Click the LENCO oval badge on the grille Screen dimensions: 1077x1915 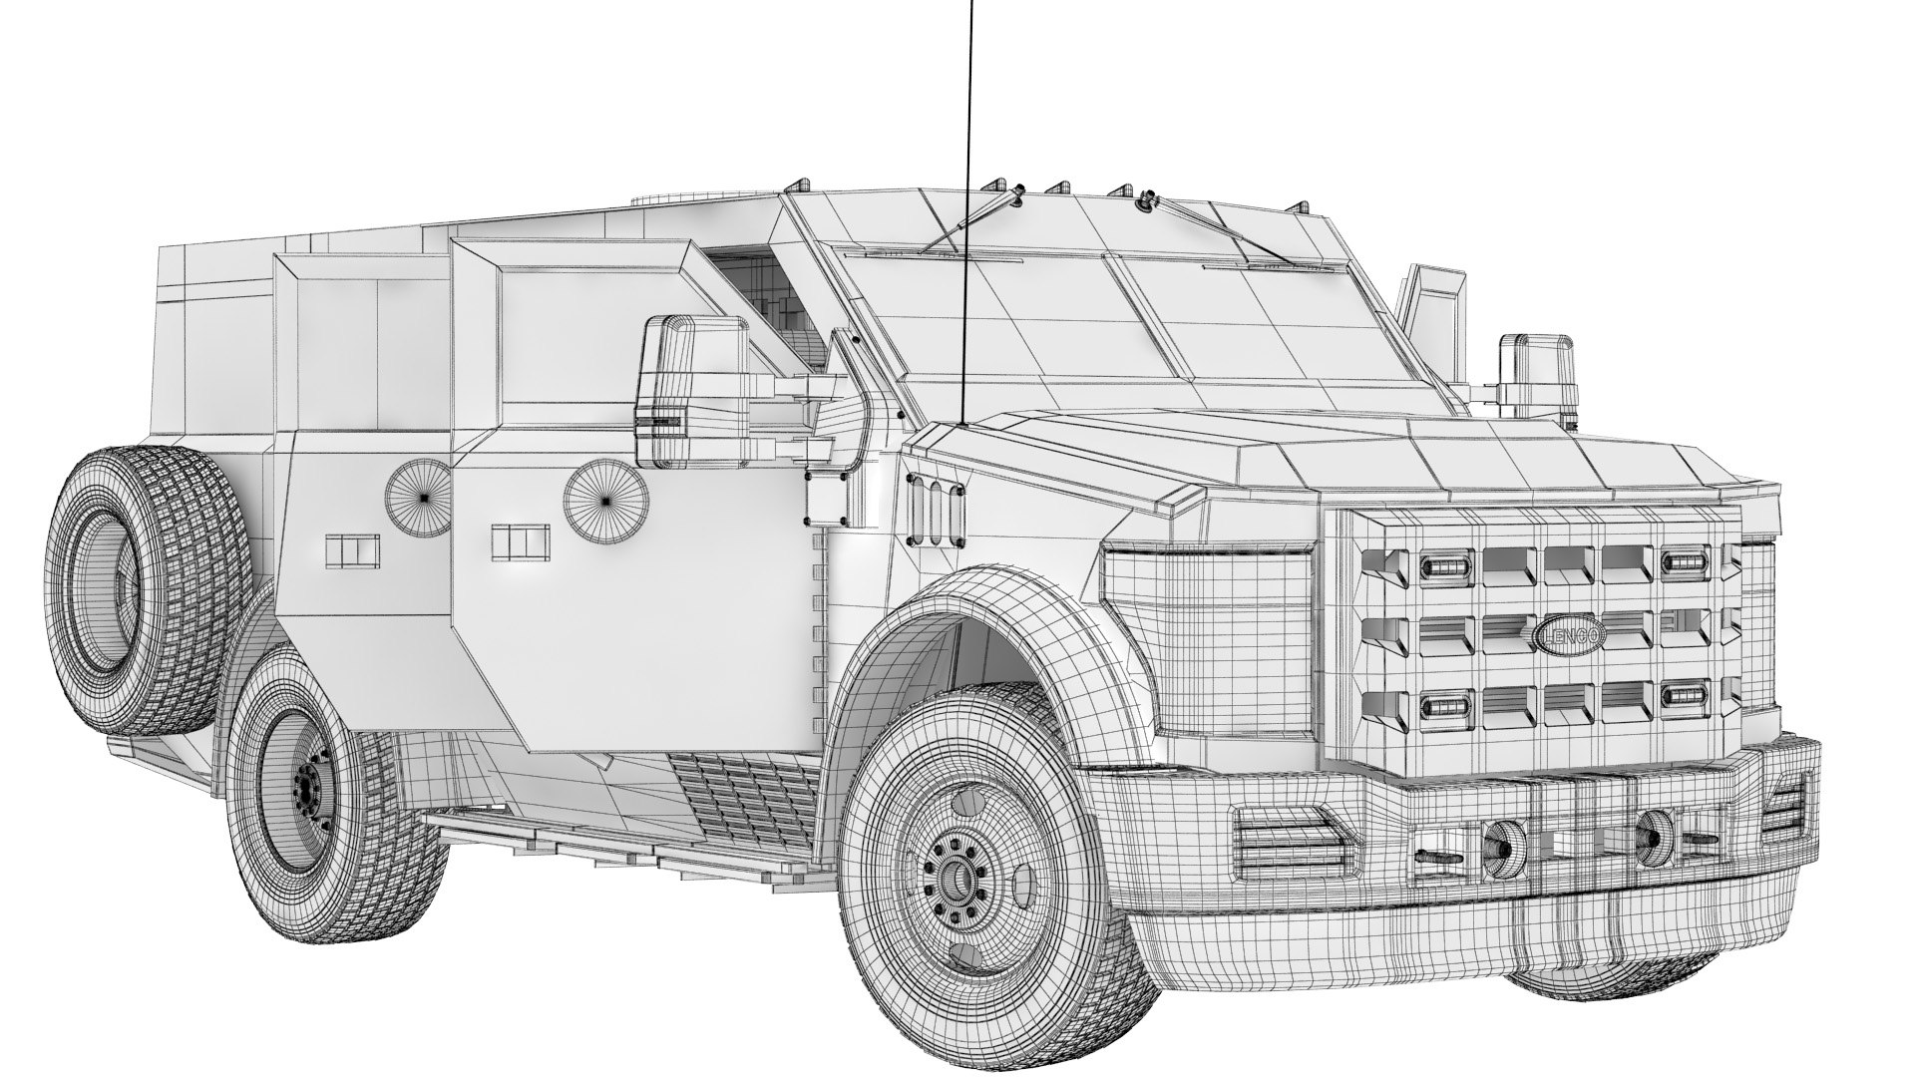[x=1570, y=636]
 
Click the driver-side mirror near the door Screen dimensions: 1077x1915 [x=692, y=392]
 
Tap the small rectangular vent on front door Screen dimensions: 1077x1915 [x=521, y=542]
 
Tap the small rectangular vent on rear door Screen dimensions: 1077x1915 [x=352, y=549]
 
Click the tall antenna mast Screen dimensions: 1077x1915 [x=966, y=199]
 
